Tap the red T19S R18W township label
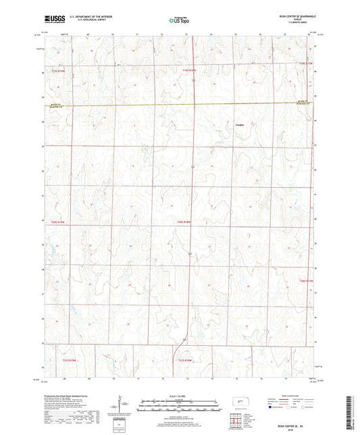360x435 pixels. (188, 70)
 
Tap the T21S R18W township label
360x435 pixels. (186, 360)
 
